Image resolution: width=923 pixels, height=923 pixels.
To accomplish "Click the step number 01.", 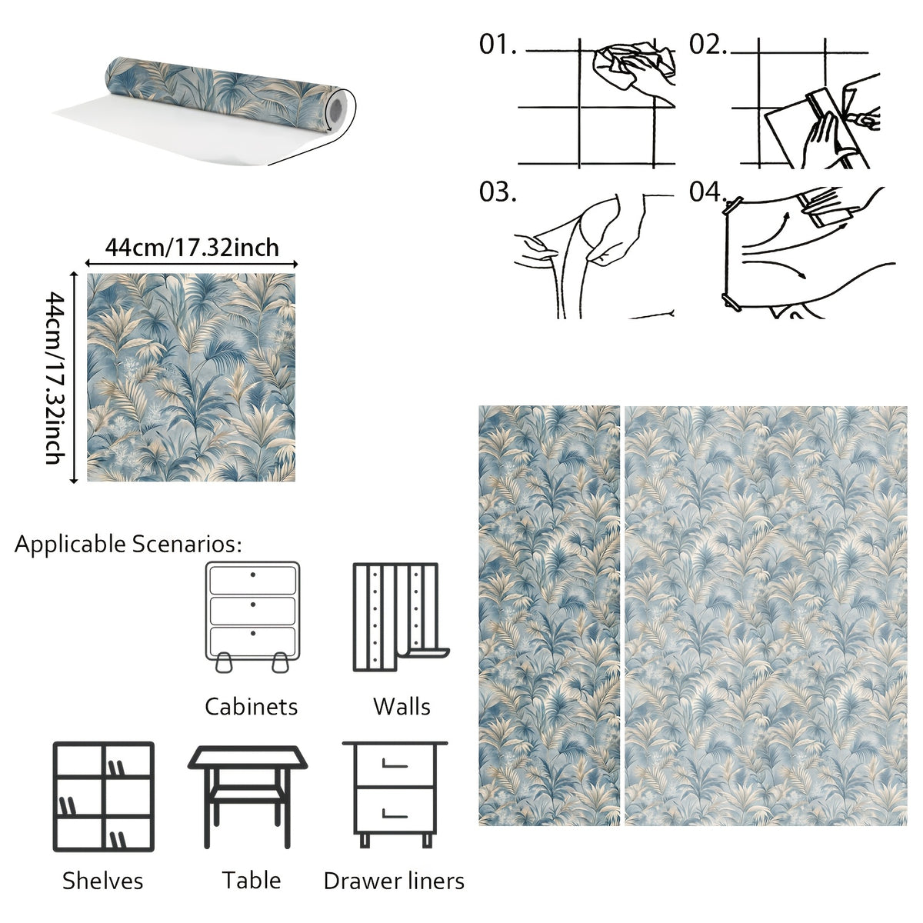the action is (498, 45).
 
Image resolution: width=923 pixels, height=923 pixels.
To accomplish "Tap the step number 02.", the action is (708, 45).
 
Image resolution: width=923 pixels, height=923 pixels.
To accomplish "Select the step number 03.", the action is (498, 192).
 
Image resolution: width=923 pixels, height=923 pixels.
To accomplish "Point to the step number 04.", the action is (708, 192).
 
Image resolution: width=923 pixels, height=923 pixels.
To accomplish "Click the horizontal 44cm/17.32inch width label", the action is (192, 248).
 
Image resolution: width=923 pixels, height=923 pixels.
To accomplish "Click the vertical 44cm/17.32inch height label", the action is (55, 378).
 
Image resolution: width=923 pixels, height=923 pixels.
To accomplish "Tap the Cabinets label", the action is (251, 707).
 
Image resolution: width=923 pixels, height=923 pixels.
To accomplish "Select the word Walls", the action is (402, 707).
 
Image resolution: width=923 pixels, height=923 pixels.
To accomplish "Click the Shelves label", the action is (102, 881).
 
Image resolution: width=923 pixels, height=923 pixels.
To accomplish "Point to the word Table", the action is (251, 881).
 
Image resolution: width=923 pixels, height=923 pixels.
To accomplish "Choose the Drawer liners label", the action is (394, 881).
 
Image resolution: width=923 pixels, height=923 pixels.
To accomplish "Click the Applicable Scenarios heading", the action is (128, 544).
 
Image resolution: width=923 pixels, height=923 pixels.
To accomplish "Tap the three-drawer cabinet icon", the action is (252, 617).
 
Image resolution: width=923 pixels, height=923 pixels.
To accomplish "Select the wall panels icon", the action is (401, 617).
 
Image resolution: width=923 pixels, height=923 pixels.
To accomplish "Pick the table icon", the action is (247, 797).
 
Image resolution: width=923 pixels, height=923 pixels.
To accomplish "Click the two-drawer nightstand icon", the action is (395, 795).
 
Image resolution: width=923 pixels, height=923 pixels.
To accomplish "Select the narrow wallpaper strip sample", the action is (549, 615).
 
